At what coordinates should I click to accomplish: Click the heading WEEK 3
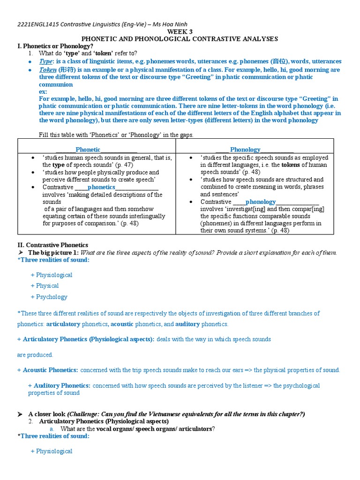click(x=180, y=31)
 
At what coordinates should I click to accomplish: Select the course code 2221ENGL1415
click(x=37, y=24)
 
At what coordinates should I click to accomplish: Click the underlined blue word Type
click(x=46, y=61)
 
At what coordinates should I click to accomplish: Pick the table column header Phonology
click(x=245, y=150)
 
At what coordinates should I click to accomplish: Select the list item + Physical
click(x=45, y=285)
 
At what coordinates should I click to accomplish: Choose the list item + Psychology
click(x=49, y=297)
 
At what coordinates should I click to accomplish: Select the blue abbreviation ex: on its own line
click(x=43, y=91)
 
